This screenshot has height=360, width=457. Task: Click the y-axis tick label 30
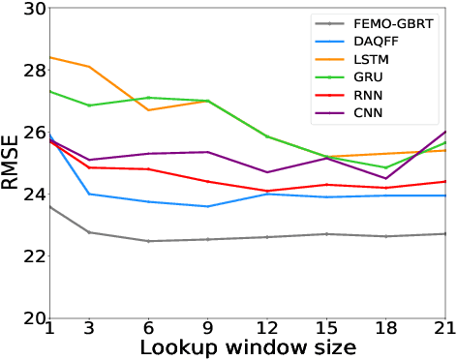[33, 9]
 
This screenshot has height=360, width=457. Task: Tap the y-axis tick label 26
[33, 133]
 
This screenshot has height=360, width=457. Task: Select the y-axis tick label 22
[33, 256]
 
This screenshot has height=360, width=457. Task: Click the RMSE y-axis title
[12, 164]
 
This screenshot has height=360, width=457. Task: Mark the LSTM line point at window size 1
[49, 57]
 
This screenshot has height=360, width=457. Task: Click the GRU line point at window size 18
[385, 167]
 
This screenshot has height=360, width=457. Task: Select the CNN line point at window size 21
[444, 132]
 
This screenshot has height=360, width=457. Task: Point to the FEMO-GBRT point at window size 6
[149, 241]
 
